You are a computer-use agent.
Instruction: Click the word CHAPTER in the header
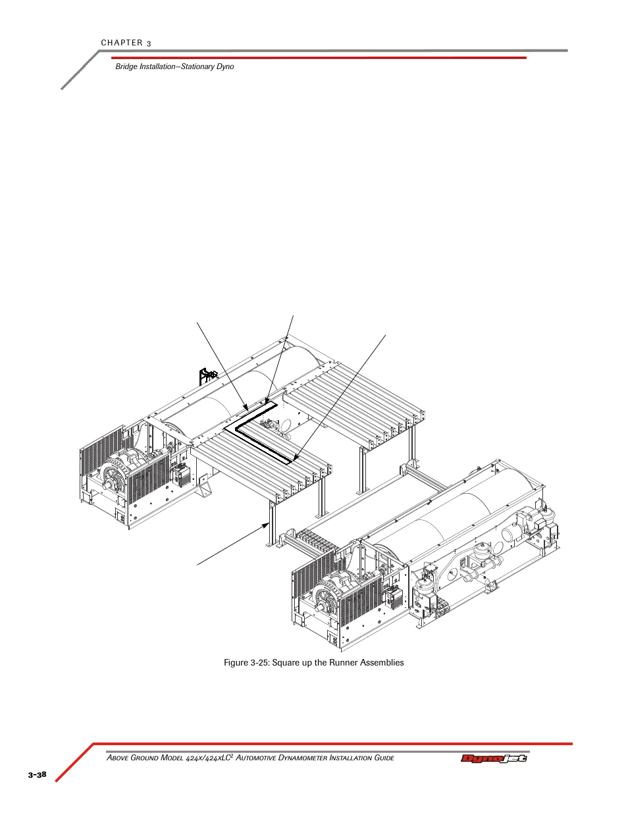click(122, 43)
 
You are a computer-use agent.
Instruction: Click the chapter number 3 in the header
click(149, 43)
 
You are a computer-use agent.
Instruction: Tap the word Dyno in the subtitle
click(225, 66)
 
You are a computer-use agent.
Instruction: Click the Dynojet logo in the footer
click(494, 758)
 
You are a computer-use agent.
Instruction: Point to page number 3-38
click(37, 774)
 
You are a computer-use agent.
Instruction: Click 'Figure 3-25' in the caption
click(246, 663)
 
